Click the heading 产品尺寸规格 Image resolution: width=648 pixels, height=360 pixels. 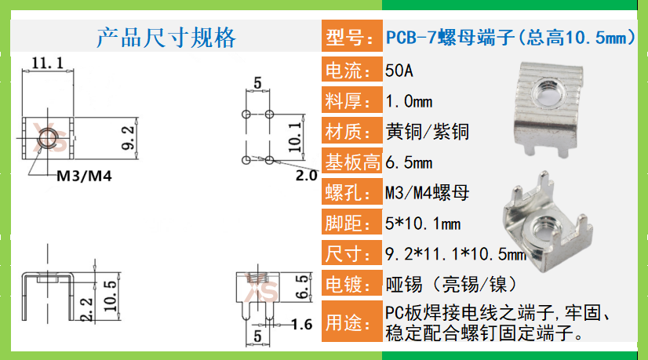pyautogui.click(x=166, y=38)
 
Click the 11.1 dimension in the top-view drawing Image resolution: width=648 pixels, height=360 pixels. pyautogui.click(x=47, y=63)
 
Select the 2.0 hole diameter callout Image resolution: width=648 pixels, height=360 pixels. pyautogui.click(x=306, y=176)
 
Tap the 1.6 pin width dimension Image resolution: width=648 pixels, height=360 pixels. pyautogui.click(x=301, y=325)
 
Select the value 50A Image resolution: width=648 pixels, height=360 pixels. pyautogui.click(x=399, y=71)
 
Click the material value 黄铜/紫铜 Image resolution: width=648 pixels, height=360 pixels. pyautogui.click(x=427, y=132)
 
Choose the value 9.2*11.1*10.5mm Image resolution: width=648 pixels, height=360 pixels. pyautogui.click(x=455, y=254)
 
